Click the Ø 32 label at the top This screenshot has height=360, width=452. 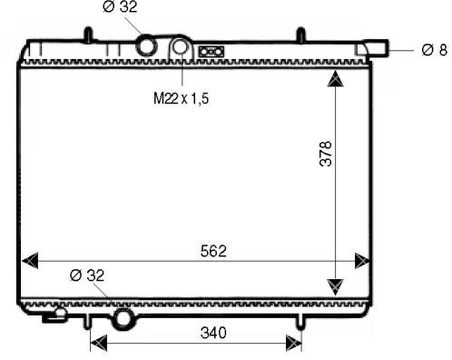pyautogui.click(x=120, y=6)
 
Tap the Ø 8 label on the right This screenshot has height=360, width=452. pyautogui.click(x=434, y=50)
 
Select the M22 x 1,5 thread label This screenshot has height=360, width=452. pyautogui.click(x=181, y=98)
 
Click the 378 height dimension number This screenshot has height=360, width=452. pyautogui.click(x=326, y=154)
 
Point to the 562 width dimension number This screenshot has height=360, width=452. pyautogui.click(x=213, y=251)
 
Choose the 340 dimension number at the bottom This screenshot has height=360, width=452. pyautogui.click(x=213, y=333)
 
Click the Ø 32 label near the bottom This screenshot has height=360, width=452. pyautogui.click(x=87, y=275)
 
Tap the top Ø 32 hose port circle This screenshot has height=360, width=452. pyautogui.click(x=147, y=45)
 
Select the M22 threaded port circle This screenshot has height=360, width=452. pyautogui.click(x=181, y=46)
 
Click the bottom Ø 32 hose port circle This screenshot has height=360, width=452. pyautogui.click(x=123, y=319)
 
